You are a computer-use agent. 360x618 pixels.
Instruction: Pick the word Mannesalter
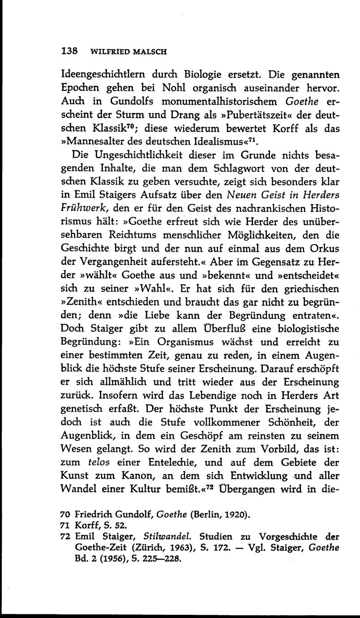tap(102, 142)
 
